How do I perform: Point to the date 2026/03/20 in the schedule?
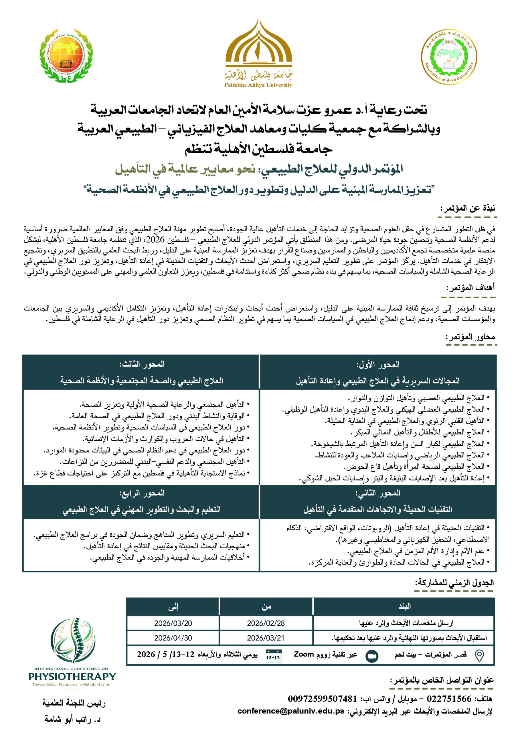[173, 623]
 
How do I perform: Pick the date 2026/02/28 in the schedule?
[266, 623]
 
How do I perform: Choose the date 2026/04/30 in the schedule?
[173, 638]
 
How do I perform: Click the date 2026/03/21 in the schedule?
[266, 638]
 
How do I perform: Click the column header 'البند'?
[404, 606]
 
